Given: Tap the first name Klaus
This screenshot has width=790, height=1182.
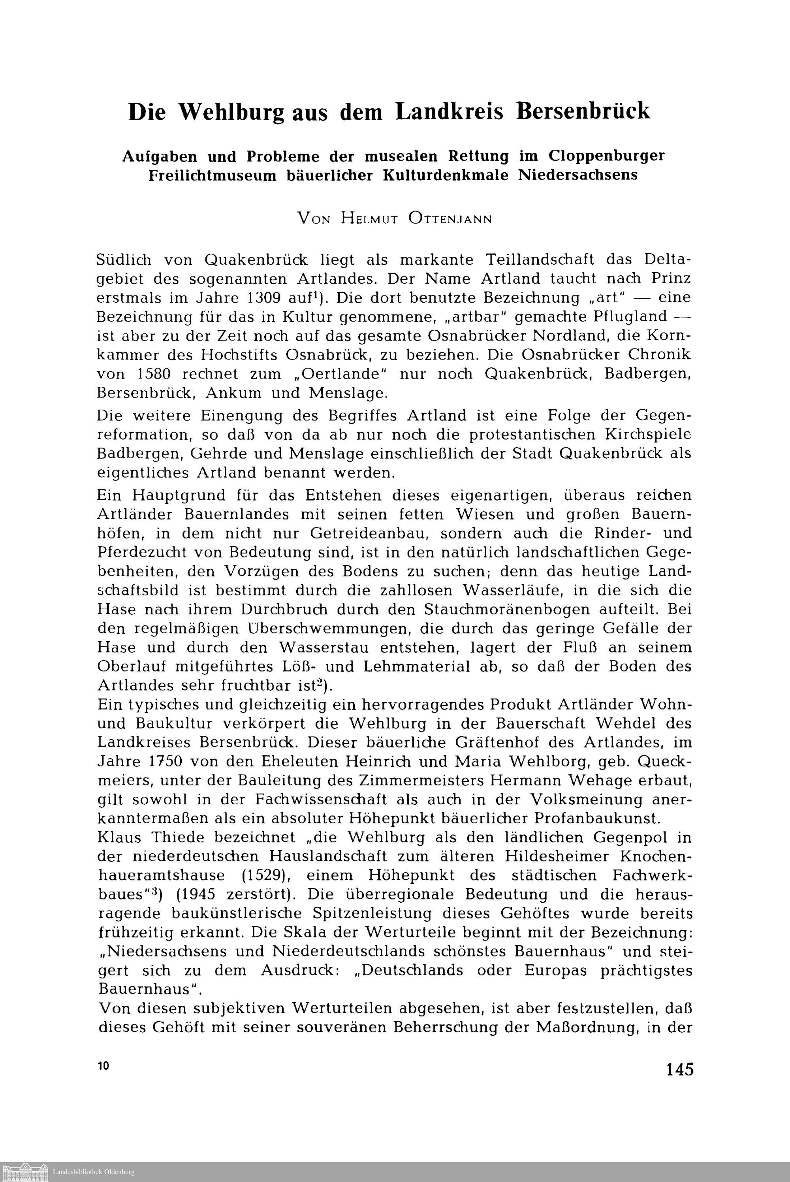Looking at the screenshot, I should pyautogui.click(x=119, y=838).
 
